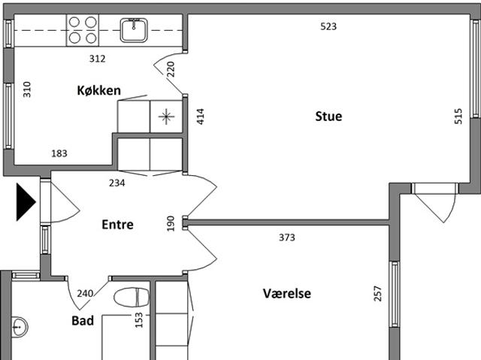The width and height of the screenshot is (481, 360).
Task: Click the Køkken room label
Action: pyautogui.click(x=98, y=90)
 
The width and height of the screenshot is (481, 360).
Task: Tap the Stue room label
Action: pyautogui.click(x=328, y=116)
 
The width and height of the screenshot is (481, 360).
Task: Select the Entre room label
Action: pyautogui.click(x=117, y=225)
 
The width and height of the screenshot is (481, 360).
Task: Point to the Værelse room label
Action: pyautogui.click(x=287, y=293)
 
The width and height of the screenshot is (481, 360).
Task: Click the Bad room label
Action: pyautogui.click(x=83, y=321)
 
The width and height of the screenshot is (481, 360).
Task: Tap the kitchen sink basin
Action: pyautogui.click(x=134, y=30)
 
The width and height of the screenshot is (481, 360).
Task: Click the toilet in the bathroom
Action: pyautogui.click(x=132, y=297)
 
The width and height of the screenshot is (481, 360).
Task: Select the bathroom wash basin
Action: pyautogui.click(x=19, y=327)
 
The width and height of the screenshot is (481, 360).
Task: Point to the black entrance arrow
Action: pyautogui.click(x=26, y=201)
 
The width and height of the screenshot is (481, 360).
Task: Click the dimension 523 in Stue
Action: pyautogui.click(x=328, y=26)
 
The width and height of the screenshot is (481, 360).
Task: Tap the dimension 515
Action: pyautogui.click(x=458, y=116)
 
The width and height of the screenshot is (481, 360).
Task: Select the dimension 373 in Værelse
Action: pyautogui.click(x=287, y=237)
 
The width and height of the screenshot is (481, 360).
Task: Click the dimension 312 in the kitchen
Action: pyautogui.click(x=97, y=59)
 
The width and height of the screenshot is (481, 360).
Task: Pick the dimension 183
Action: pyautogui.click(x=59, y=153)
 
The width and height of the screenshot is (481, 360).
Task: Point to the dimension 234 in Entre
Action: pyautogui.click(x=117, y=183)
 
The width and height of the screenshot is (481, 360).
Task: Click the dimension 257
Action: pyautogui.click(x=378, y=293)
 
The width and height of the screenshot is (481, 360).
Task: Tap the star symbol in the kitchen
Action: pyautogui.click(x=167, y=116)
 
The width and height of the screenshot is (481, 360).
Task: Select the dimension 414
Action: pyautogui.click(x=201, y=116)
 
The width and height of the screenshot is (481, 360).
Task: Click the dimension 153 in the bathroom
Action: pyautogui.click(x=139, y=320)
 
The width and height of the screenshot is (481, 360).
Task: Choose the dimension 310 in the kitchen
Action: pyautogui.click(x=27, y=89)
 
